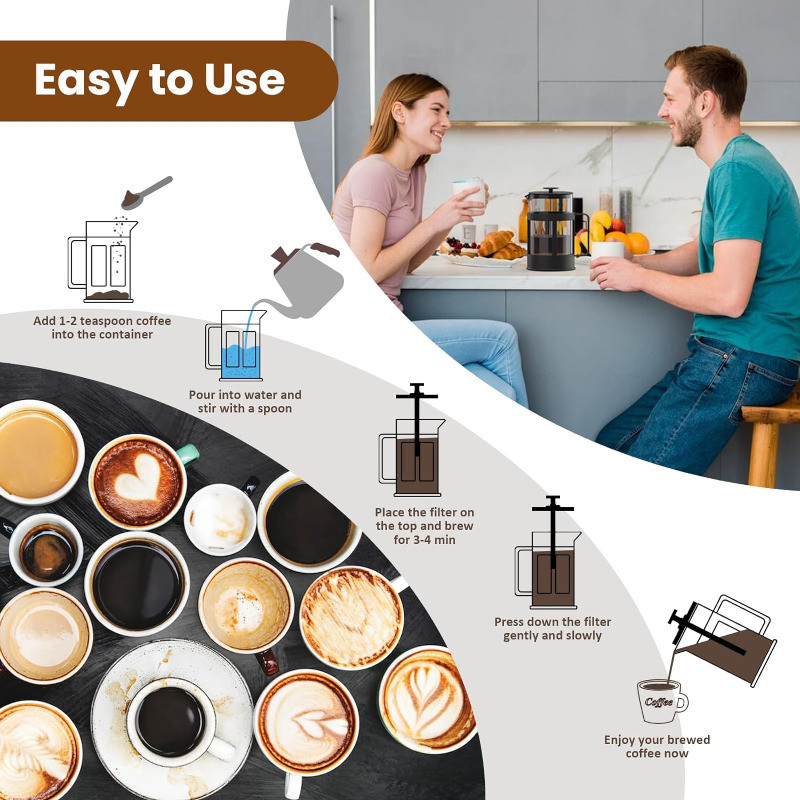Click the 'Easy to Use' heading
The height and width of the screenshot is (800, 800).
click(160, 81)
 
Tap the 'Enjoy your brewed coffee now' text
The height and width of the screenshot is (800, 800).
click(656, 746)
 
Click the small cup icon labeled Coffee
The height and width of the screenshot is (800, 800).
click(661, 701)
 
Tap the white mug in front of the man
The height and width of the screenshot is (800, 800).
click(607, 249)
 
